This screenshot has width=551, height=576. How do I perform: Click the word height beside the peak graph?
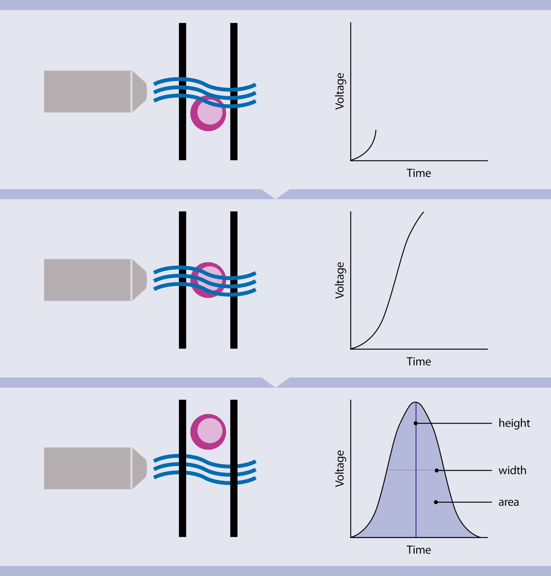[x=514, y=423]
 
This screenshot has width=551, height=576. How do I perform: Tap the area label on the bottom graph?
[x=508, y=502]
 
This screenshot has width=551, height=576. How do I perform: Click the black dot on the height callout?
[x=416, y=423]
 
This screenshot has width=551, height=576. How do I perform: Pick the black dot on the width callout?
[x=436, y=470]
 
